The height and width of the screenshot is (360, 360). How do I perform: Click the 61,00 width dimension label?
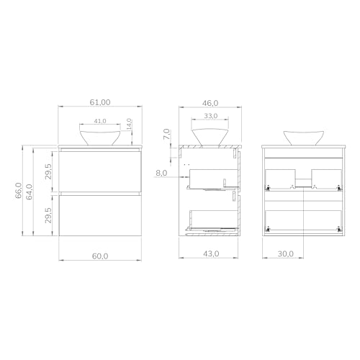[x=100, y=102]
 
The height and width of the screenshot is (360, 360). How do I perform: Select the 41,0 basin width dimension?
[x=100, y=121]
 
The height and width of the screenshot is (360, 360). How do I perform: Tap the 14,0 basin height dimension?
[x=129, y=125]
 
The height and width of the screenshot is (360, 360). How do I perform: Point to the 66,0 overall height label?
[x=19, y=190]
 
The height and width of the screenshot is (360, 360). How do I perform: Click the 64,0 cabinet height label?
[x=30, y=192]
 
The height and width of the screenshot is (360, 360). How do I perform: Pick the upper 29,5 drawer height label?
[x=48, y=171]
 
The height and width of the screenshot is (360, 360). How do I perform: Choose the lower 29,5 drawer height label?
[x=48, y=215]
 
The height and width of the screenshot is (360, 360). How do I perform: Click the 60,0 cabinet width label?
[x=100, y=256]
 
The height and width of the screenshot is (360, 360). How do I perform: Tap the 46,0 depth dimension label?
[x=210, y=103]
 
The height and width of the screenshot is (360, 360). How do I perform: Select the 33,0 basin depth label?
[x=211, y=116]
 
